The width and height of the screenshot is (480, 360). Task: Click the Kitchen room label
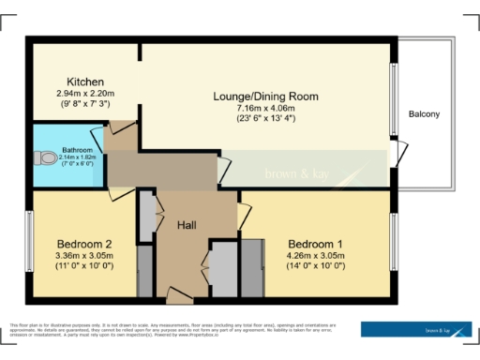[x=84, y=82]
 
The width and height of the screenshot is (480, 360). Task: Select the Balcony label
[x=424, y=114]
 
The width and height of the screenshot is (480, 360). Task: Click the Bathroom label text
[x=76, y=149]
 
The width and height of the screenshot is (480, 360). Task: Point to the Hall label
[x=192, y=225]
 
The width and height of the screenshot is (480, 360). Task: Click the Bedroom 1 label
[x=315, y=243]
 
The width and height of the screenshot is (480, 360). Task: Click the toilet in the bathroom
[x=40, y=159]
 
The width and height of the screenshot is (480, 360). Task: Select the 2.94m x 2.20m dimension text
[x=84, y=94]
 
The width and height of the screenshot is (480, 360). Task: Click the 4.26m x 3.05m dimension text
[x=315, y=254]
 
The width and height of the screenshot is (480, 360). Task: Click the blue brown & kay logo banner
[x=416, y=329]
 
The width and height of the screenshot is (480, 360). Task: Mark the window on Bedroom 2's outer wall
[x=28, y=242]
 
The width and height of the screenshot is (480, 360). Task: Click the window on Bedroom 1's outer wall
[x=393, y=242]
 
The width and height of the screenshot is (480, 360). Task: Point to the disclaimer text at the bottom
[x=178, y=329]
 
